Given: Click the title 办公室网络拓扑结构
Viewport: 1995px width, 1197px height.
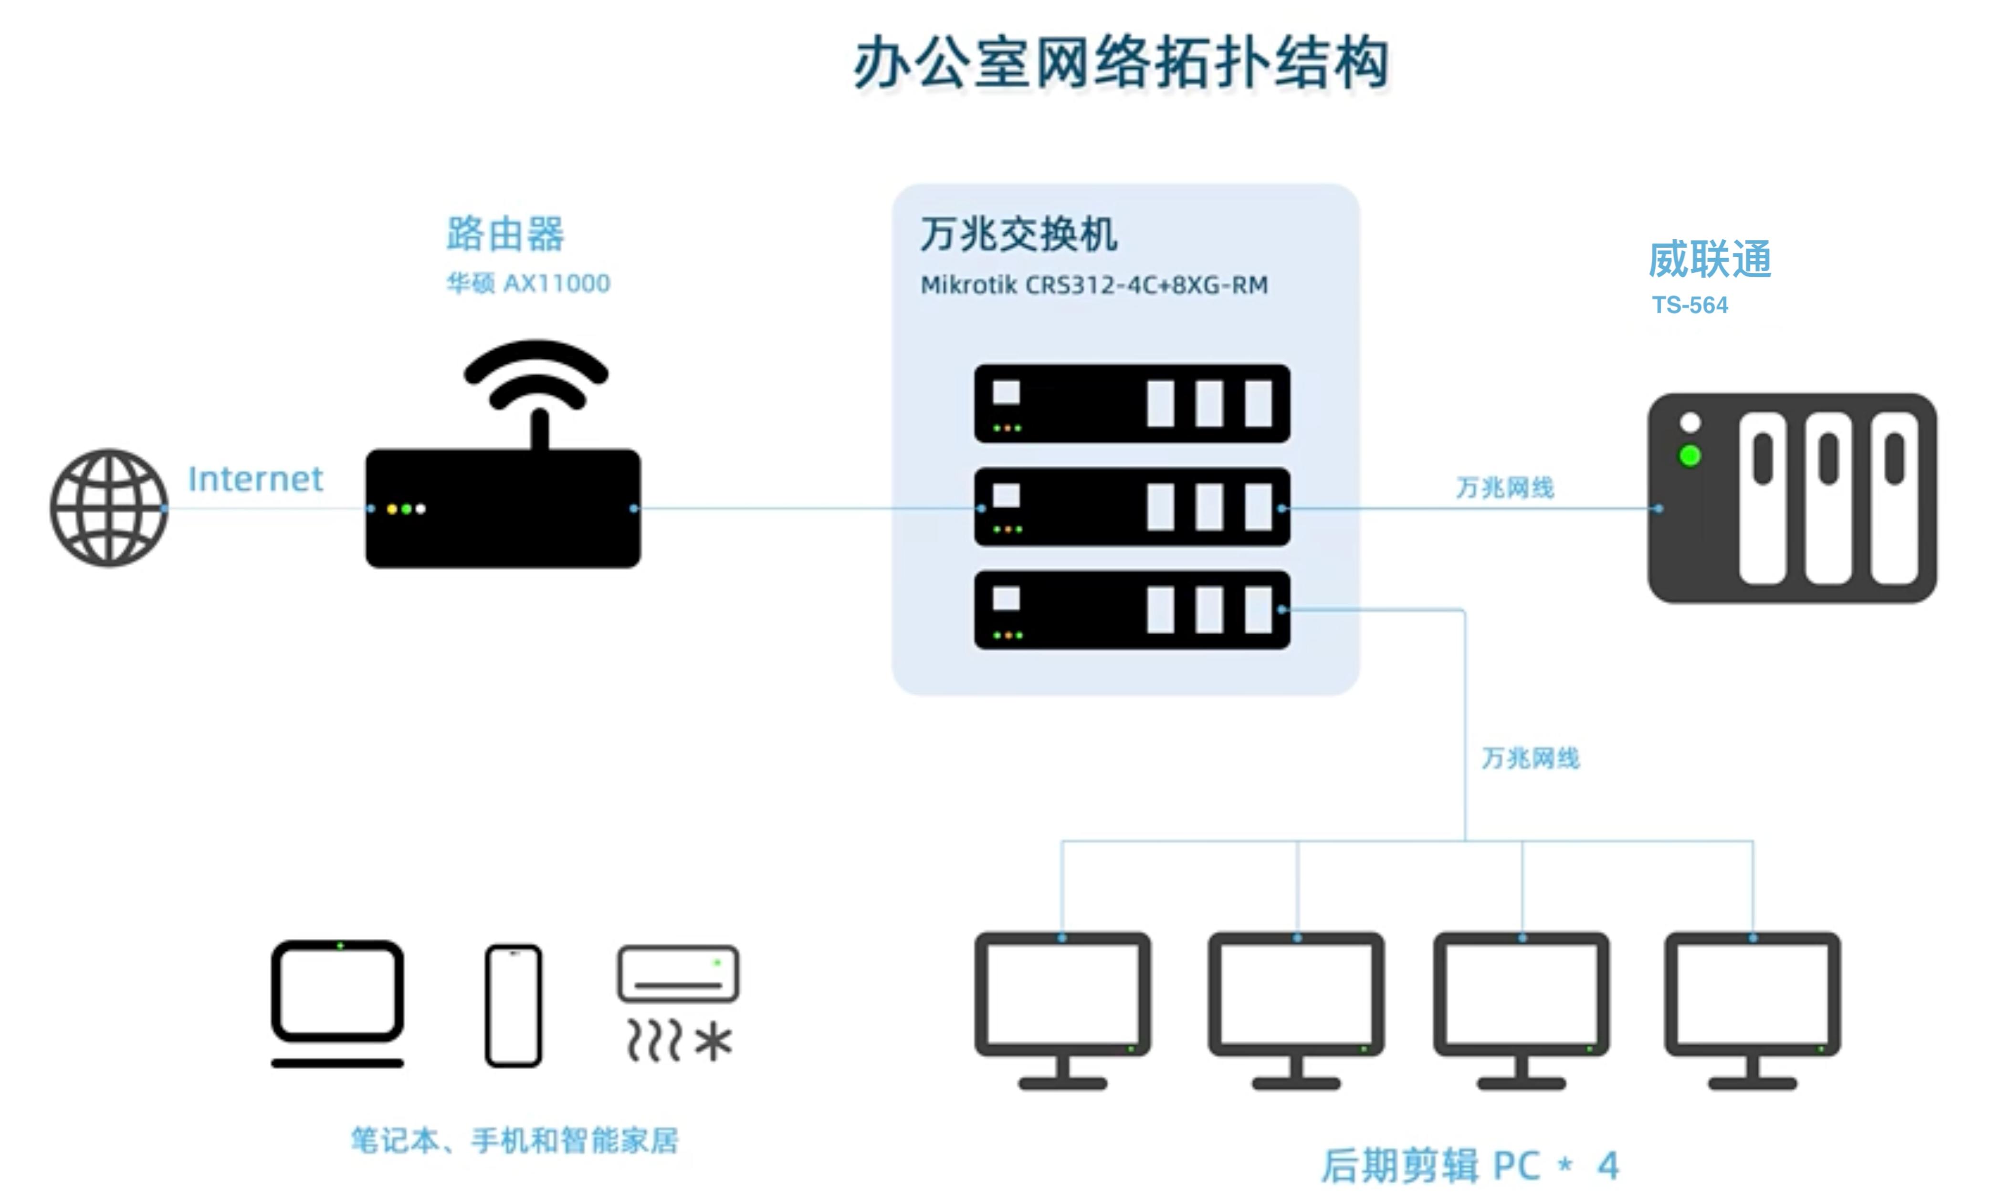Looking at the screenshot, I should (x=1121, y=63).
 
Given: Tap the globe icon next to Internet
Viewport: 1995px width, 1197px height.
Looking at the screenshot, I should (x=109, y=508).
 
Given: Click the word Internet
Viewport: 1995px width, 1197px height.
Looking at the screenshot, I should (x=255, y=479).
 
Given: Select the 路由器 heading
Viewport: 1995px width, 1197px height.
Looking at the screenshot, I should (x=505, y=234).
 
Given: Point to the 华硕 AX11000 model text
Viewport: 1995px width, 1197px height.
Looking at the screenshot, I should (x=528, y=283).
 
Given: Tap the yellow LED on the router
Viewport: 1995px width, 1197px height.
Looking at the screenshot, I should (x=392, y=509).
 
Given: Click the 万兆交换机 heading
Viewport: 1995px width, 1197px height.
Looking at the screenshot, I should (x=1018, y=235).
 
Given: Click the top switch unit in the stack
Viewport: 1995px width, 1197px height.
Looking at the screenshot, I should (x=1131, y=403).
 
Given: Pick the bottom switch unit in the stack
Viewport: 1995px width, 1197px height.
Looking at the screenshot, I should (x=1131, y=610).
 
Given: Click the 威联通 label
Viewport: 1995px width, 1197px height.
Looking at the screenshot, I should (x=1710, y=260).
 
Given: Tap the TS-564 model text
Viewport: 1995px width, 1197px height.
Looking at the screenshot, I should (x=1690, y=305).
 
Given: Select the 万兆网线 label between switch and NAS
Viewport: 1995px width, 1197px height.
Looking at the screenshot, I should (x=1505, y=487).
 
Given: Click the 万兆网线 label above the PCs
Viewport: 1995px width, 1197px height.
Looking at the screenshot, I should (x=1530, y=758).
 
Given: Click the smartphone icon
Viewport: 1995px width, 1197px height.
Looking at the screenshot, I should (x=514, y=1006).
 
